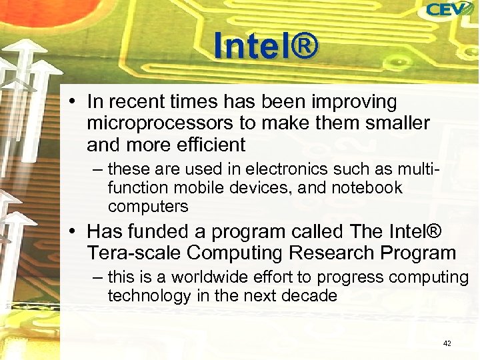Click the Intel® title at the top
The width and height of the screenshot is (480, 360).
266,45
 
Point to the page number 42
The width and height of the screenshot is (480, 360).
447,343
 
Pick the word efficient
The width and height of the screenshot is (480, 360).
207,144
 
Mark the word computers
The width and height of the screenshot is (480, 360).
148,207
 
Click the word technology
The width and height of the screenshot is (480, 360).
149,295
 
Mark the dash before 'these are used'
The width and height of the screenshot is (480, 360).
97,169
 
